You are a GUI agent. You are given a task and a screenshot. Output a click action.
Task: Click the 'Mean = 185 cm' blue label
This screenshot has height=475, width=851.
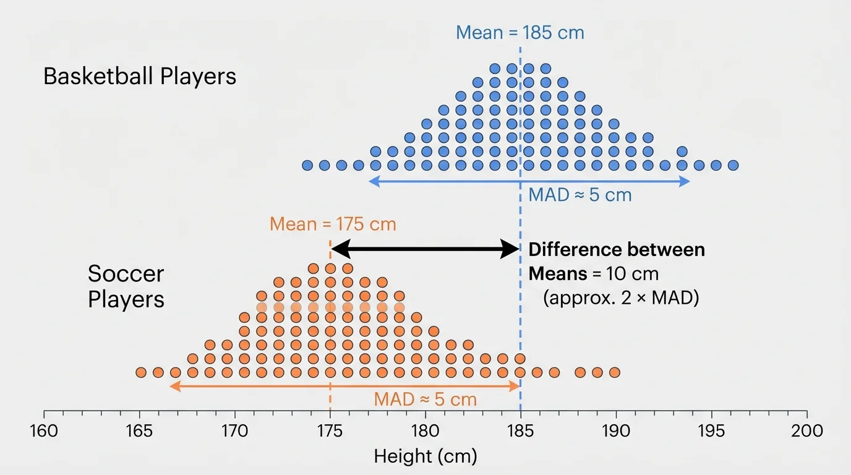point(520,32)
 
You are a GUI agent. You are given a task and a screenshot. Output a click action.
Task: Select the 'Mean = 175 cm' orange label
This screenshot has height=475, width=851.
point(333,224)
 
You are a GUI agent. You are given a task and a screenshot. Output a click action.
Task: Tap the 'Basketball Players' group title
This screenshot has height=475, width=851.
point(140,77)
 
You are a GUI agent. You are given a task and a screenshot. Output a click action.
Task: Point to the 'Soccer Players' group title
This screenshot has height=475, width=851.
point(126,286)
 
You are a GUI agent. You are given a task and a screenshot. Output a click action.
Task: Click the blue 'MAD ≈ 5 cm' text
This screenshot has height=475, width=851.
point(580,195)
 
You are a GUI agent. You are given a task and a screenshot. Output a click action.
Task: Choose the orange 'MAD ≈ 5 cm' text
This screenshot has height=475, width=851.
point(426,400)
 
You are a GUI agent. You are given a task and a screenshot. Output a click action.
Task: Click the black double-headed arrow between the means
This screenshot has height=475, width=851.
point(426,249)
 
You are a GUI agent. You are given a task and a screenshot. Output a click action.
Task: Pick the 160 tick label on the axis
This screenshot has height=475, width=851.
point(44,430)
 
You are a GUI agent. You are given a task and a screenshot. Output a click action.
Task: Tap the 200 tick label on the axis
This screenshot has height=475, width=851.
point(807,430)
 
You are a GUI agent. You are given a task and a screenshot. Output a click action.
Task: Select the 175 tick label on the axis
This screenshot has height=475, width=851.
point(330,430)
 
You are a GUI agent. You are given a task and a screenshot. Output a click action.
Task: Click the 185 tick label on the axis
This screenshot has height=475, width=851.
point(521,430)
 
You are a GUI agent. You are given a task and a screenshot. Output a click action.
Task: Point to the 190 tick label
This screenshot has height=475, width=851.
point(616,430)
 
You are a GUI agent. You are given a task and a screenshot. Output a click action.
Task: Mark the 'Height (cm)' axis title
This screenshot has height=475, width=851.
point(426,457)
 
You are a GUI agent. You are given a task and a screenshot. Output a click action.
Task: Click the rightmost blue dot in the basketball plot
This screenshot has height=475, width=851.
point(733,165)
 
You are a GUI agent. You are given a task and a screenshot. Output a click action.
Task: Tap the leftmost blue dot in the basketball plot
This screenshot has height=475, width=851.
point(307,165)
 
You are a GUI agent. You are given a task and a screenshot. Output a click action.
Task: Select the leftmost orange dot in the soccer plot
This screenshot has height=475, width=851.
point(141,372)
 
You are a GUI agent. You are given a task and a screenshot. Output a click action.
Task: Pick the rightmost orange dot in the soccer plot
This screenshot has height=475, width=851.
point(614,372)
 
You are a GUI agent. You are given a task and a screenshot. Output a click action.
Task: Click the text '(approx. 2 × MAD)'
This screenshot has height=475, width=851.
point(621,298)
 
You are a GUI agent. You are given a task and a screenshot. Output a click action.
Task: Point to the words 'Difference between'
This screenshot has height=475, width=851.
point(617,250)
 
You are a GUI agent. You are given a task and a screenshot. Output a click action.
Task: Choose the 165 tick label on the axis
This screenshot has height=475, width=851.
point(139,430)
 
